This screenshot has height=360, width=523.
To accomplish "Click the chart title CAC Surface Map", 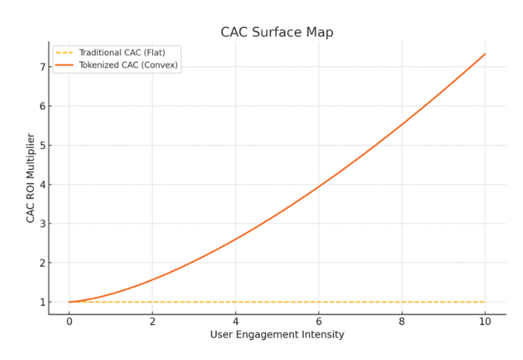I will (277, 33).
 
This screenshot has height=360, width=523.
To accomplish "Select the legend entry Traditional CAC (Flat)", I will (121, 52).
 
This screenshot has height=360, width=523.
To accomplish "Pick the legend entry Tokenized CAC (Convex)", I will (127, 64).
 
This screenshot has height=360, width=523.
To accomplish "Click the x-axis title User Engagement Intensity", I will (277, 334).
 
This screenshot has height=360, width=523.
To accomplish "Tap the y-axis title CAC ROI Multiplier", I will (31, 178).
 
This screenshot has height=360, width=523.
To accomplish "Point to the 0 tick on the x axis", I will (69, 321).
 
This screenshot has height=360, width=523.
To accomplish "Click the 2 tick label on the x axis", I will (152, 321).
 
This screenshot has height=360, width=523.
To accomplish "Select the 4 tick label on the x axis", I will (235, 321).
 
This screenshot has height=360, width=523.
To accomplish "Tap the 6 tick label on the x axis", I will (318, 321).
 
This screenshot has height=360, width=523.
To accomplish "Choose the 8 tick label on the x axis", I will (402, 321).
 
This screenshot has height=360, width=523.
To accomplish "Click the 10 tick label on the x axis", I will (485, 321).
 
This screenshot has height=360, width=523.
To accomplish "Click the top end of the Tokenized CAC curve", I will (485, 54).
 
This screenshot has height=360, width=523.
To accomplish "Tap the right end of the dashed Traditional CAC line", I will (485, 302).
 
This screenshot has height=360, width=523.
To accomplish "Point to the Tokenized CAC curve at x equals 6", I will (318, 186).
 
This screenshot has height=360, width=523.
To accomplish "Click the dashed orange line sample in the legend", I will (64, 52).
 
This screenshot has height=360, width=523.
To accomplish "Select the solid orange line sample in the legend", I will (64, 64).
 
